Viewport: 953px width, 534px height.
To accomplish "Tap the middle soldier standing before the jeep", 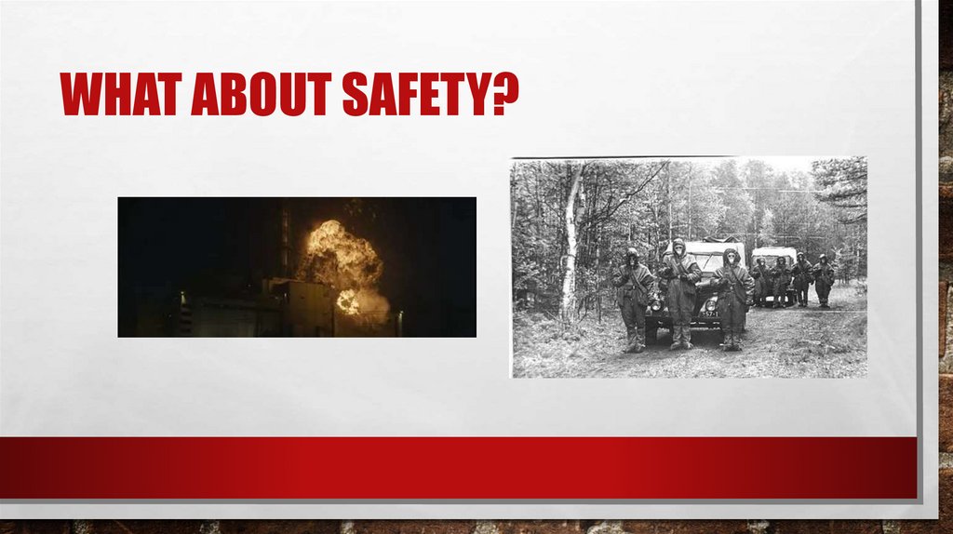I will pos(679,290).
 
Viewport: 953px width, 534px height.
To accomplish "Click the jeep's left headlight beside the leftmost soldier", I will pos(653,304).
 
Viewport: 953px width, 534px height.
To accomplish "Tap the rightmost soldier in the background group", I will pos(823,281).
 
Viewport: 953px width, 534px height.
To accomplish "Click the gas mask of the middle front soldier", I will pos(678,250).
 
